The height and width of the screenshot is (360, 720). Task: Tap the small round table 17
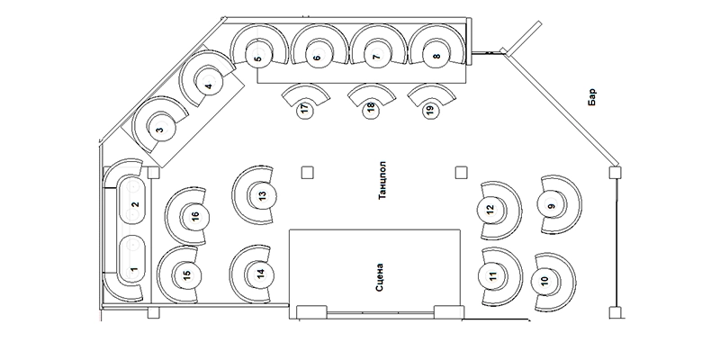(x=305, y=110)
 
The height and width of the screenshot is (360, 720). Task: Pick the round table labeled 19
(x=430, y=110)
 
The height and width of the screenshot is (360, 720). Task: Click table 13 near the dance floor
(x=261, y=195)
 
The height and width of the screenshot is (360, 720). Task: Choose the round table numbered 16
(x=195, y=216)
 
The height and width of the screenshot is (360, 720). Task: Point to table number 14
(x=260, y=274)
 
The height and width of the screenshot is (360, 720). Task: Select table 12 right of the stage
(x=491, y=210)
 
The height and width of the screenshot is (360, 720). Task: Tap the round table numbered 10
(x=545, y=281)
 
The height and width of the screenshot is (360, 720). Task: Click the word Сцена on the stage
(x=380, y=277)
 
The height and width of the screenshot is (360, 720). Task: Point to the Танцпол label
(x=382, y=180)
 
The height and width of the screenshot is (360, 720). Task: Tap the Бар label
(x=592, y=97)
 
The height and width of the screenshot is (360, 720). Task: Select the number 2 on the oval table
(x=135, y=204)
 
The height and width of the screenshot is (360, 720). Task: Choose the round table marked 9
(x=551, y=205)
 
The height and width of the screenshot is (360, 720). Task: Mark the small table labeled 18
(x=371, y=109)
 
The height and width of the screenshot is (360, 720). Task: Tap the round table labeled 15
(x=186, y=275)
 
